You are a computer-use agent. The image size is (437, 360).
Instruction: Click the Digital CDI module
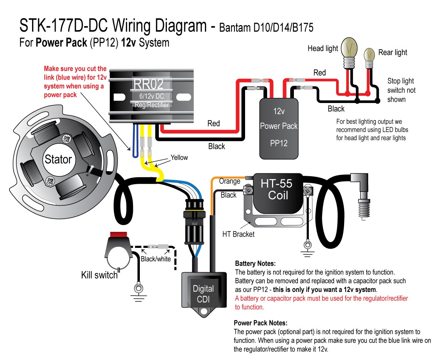(203, 293)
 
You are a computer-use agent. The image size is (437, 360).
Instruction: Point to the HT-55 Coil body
(276, 192)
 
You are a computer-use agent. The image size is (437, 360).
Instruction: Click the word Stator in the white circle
(58, 159)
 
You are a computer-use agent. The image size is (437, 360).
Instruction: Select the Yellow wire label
(179, 158)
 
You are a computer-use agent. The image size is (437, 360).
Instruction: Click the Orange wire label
(229, 181)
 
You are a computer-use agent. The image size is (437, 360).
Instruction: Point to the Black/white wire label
(155, 259)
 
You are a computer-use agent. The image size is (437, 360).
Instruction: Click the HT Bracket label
(239, 234)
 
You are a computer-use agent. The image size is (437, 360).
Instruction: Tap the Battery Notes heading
(255, 263)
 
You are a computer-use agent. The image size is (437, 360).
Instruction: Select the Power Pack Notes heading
(260, 323)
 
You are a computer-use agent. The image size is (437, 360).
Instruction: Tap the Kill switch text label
(99, 275)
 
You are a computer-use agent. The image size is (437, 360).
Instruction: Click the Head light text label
(323, 48)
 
